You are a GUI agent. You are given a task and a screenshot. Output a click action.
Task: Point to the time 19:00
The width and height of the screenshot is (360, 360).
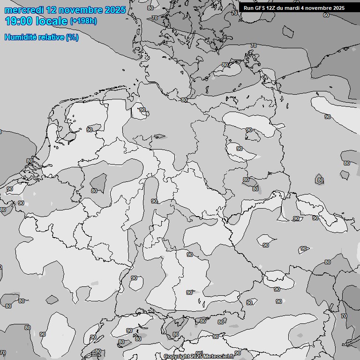tap(19, 21)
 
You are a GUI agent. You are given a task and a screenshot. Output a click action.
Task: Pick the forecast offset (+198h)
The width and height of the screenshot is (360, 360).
tap(83, 21)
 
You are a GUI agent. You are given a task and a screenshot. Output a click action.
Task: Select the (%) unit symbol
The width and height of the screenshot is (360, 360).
tap(72, 37)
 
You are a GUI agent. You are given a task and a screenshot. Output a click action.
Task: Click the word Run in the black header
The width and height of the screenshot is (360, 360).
tap(248, 8)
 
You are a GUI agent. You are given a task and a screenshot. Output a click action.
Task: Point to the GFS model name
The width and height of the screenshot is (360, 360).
tap(261, 8)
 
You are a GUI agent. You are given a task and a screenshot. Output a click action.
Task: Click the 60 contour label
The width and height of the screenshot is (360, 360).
tap(326, 15)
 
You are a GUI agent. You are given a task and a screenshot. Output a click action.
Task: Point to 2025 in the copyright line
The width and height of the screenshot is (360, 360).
tap(196, 356)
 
